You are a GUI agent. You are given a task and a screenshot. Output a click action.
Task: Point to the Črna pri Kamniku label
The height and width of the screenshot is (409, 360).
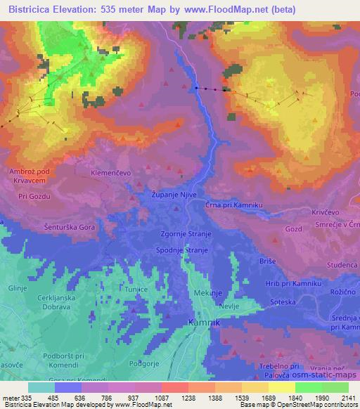click(x=234, y=204)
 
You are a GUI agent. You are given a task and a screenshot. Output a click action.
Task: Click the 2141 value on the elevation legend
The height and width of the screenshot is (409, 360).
click(x=348, y=397)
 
